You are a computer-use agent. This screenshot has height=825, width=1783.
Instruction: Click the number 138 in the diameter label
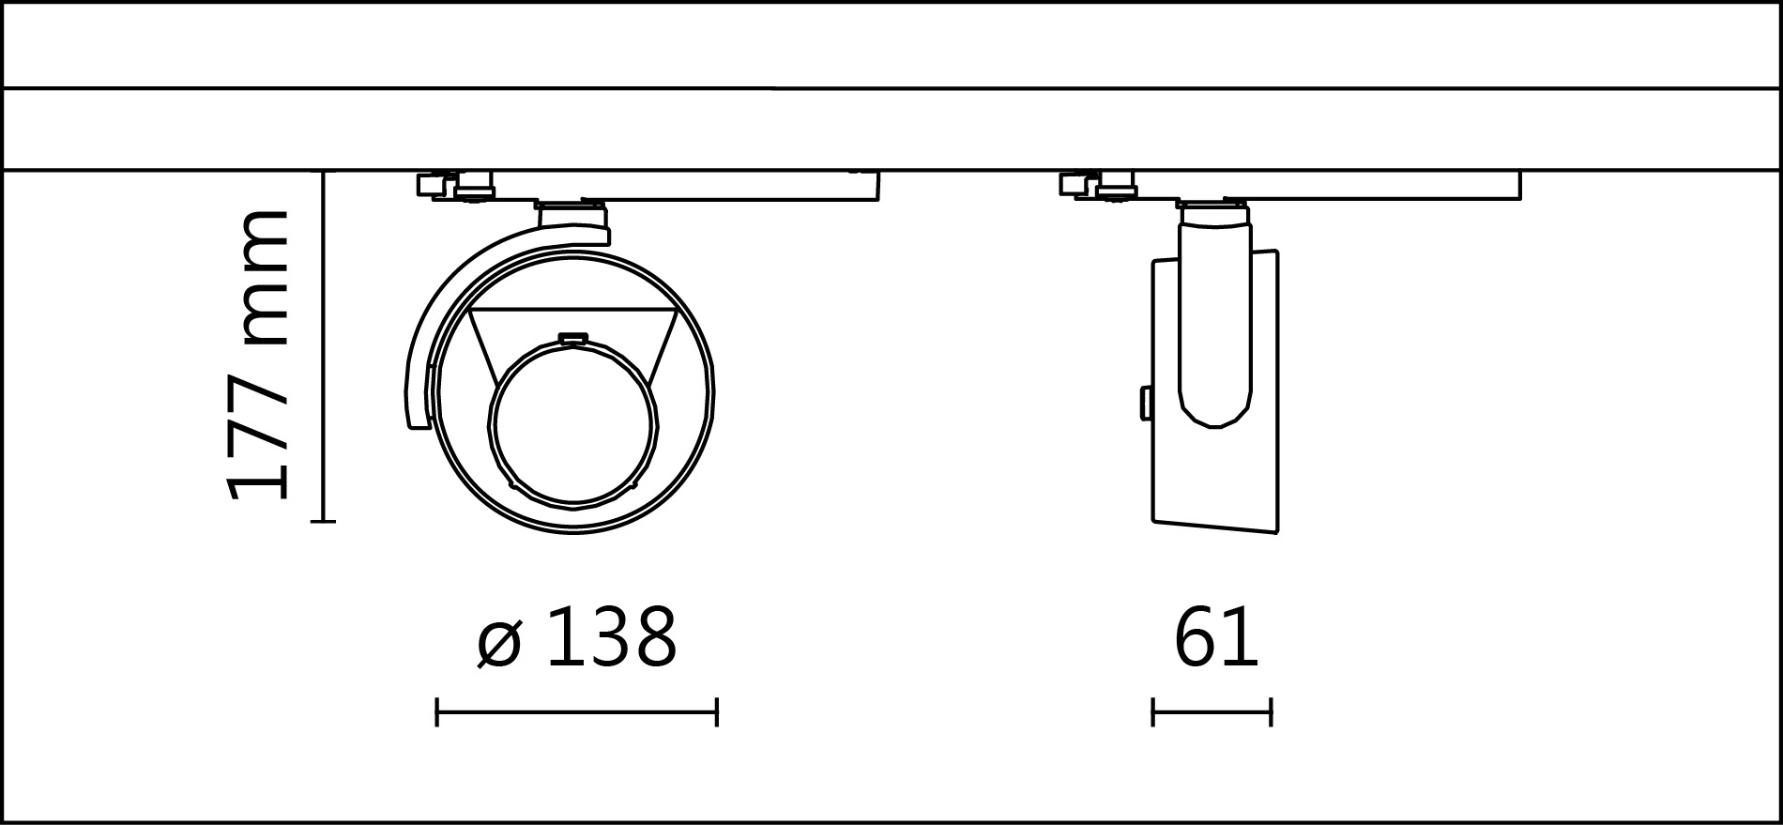point(611,637)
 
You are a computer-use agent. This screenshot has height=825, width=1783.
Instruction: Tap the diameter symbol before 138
point(497,643)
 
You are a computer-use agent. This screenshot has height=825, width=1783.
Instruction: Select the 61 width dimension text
point(1215,637)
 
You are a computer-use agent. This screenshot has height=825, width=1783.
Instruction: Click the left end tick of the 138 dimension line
point(437,711)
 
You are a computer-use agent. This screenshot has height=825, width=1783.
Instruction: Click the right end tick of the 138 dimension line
point(717,711)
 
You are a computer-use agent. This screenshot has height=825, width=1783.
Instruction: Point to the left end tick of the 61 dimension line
point(1152,711)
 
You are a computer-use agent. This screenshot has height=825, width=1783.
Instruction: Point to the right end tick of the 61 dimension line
point(1271,711)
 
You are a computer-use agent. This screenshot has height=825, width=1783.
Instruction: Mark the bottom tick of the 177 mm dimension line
point(323,521)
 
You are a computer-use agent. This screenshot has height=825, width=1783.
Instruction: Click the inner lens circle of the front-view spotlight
point(572,426)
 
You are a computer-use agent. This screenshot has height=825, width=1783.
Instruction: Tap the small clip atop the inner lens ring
point(572,339)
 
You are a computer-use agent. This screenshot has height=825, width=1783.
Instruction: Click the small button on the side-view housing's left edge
point(1146,403)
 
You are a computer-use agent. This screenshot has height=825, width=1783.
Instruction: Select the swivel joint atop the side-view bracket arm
point(1215,215)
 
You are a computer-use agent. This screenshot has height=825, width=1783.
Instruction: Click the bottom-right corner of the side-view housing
point(1276,531)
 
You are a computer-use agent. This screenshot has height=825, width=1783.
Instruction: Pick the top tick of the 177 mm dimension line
point(323,172)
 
